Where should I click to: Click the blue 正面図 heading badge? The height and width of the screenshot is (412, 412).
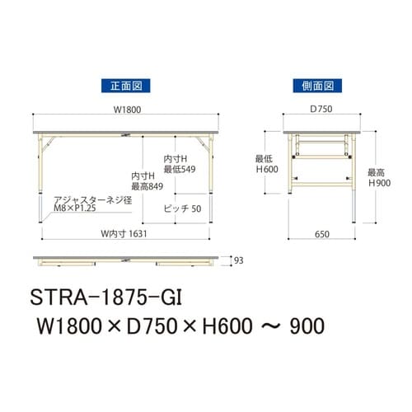pos(125,86)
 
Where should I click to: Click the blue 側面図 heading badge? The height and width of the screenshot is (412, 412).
pos(317,86)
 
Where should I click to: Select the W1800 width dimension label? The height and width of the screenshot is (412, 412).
pos(127,110)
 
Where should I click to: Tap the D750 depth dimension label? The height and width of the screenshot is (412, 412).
pos(321,109)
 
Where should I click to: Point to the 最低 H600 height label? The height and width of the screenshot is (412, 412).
pos(267,164)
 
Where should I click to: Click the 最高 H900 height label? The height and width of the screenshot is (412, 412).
pos(379,178)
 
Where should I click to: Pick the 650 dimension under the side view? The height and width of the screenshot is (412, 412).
pos(322,234)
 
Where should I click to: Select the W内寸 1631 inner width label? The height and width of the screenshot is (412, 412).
pos(124,234)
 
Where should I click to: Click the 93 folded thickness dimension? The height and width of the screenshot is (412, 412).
pos(238,260)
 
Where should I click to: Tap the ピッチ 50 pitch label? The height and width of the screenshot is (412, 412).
pos(182,208)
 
